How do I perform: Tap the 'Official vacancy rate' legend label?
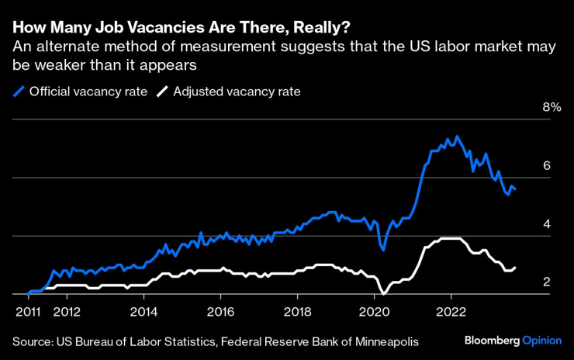coord(88,91)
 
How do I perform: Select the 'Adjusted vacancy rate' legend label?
coord(237,91)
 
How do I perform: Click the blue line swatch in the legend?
coord(18,91)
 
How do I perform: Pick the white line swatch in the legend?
coord(162,91)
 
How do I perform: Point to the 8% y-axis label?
coord(550,107)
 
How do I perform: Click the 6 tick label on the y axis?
coord(546,165)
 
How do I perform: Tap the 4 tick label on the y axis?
coord(546,223)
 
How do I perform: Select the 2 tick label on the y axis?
coord(546,282)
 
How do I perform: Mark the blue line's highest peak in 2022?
coord(457,137)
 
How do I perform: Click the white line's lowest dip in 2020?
coord(383,293)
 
